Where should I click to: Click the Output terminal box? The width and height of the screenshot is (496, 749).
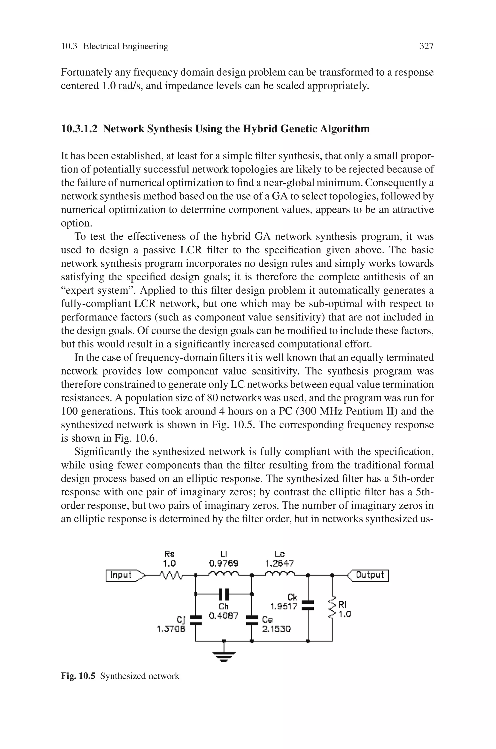(369, 575)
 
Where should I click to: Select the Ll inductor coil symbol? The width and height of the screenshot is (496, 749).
(224, 573)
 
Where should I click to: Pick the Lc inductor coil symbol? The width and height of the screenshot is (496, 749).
(280, 573)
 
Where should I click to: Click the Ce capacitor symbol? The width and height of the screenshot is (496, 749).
(252, 620)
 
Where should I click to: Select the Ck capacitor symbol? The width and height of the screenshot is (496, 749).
(308, 605)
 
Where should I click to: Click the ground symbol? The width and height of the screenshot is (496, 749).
(224, 657)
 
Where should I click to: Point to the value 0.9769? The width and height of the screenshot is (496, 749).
(224, 563)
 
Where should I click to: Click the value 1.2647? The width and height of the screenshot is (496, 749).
(280, 563)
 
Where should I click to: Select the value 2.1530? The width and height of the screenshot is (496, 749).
(276, 629)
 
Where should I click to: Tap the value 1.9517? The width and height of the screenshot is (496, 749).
(284, 606)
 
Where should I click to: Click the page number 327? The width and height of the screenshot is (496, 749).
(426, 46)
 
